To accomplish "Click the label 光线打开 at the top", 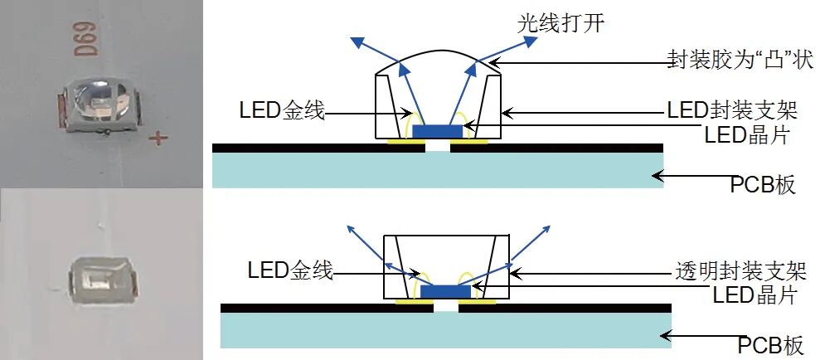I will pyautogui.click(x=560, y=22).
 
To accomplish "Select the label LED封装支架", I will pyautogui.click(x=733, y=110).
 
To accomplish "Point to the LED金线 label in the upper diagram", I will pyautogui.click(x=282, y=109).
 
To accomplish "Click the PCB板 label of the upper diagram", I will pyautogui.click(x=763, y=184).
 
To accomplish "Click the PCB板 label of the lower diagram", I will pyautogui.click(x=771, y=345).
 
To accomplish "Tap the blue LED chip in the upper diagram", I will pyautogui.click(x=438, y=131).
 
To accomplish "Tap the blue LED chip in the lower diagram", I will pyautogui.click(x=446, y=292).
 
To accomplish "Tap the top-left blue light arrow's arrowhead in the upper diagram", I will pyautogui.click(x=356, y=39).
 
